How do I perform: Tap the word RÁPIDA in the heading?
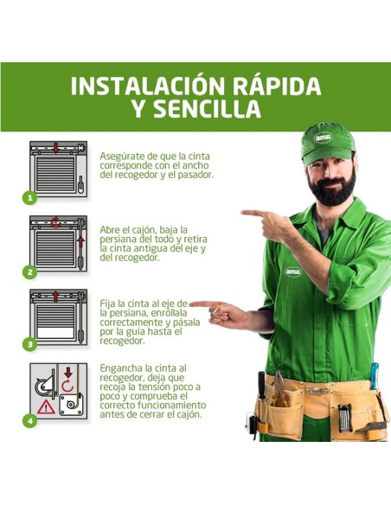pyautogui.click(x=272, y=86)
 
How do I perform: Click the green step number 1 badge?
pyautogui.click(x=30, y=197)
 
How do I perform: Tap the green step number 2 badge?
pyautogui.click(x=30, y=272)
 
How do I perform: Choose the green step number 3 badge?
pyautogui.click(x=30, y=344)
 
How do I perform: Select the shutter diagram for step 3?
pyautogui.click(x=58, y=315)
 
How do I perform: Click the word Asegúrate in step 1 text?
pyautogui.click(x=121, y=157)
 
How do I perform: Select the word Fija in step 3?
pyautogui.click(x=108, y=304)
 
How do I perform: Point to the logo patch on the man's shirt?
pyautogui.click(x=293, y=271)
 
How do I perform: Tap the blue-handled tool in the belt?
pyautogui.click(x=375, y=377)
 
